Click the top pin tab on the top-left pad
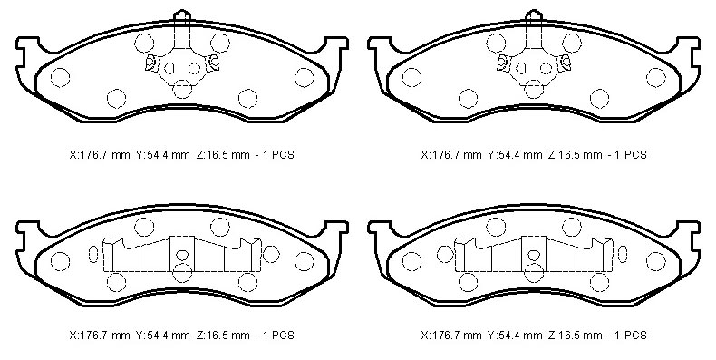click(x=182, y=15)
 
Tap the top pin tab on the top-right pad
click(x=534, y=15)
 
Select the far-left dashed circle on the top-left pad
click(x=60, y=77)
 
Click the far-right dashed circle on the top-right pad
click(x=656, y=77)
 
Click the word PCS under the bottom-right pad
click(x=634, y=336)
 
